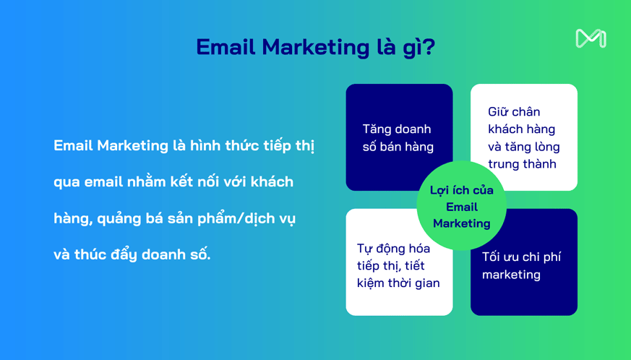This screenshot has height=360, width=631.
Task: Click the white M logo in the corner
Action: (x=591, y=38)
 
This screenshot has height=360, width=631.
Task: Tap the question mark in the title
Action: (x=429, y=47)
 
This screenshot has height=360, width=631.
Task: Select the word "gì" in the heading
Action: (x=410, y=48)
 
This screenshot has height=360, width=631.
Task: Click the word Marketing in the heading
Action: (x=315, y=48)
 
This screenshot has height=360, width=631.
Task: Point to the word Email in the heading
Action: (x=226, y=47)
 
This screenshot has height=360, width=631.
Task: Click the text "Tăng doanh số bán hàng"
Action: (x=398, y=138)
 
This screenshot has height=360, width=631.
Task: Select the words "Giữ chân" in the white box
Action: (x=514, y=111)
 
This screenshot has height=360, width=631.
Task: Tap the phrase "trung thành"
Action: (x=522, y=164)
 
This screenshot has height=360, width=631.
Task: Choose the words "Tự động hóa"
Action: (x=393, y=249)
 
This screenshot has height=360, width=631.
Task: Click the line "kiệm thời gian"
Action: (x=398, y=283)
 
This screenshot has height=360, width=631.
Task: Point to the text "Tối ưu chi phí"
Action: (x=521, y=257)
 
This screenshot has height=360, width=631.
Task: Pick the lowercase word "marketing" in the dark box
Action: (x=511, y=275)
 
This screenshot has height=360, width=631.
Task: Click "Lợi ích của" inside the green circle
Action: (x=462, y=190)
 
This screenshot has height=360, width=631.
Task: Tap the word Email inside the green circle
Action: (x=462, y=207)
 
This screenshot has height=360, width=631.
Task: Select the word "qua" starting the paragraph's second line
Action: (x=66, y=183)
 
